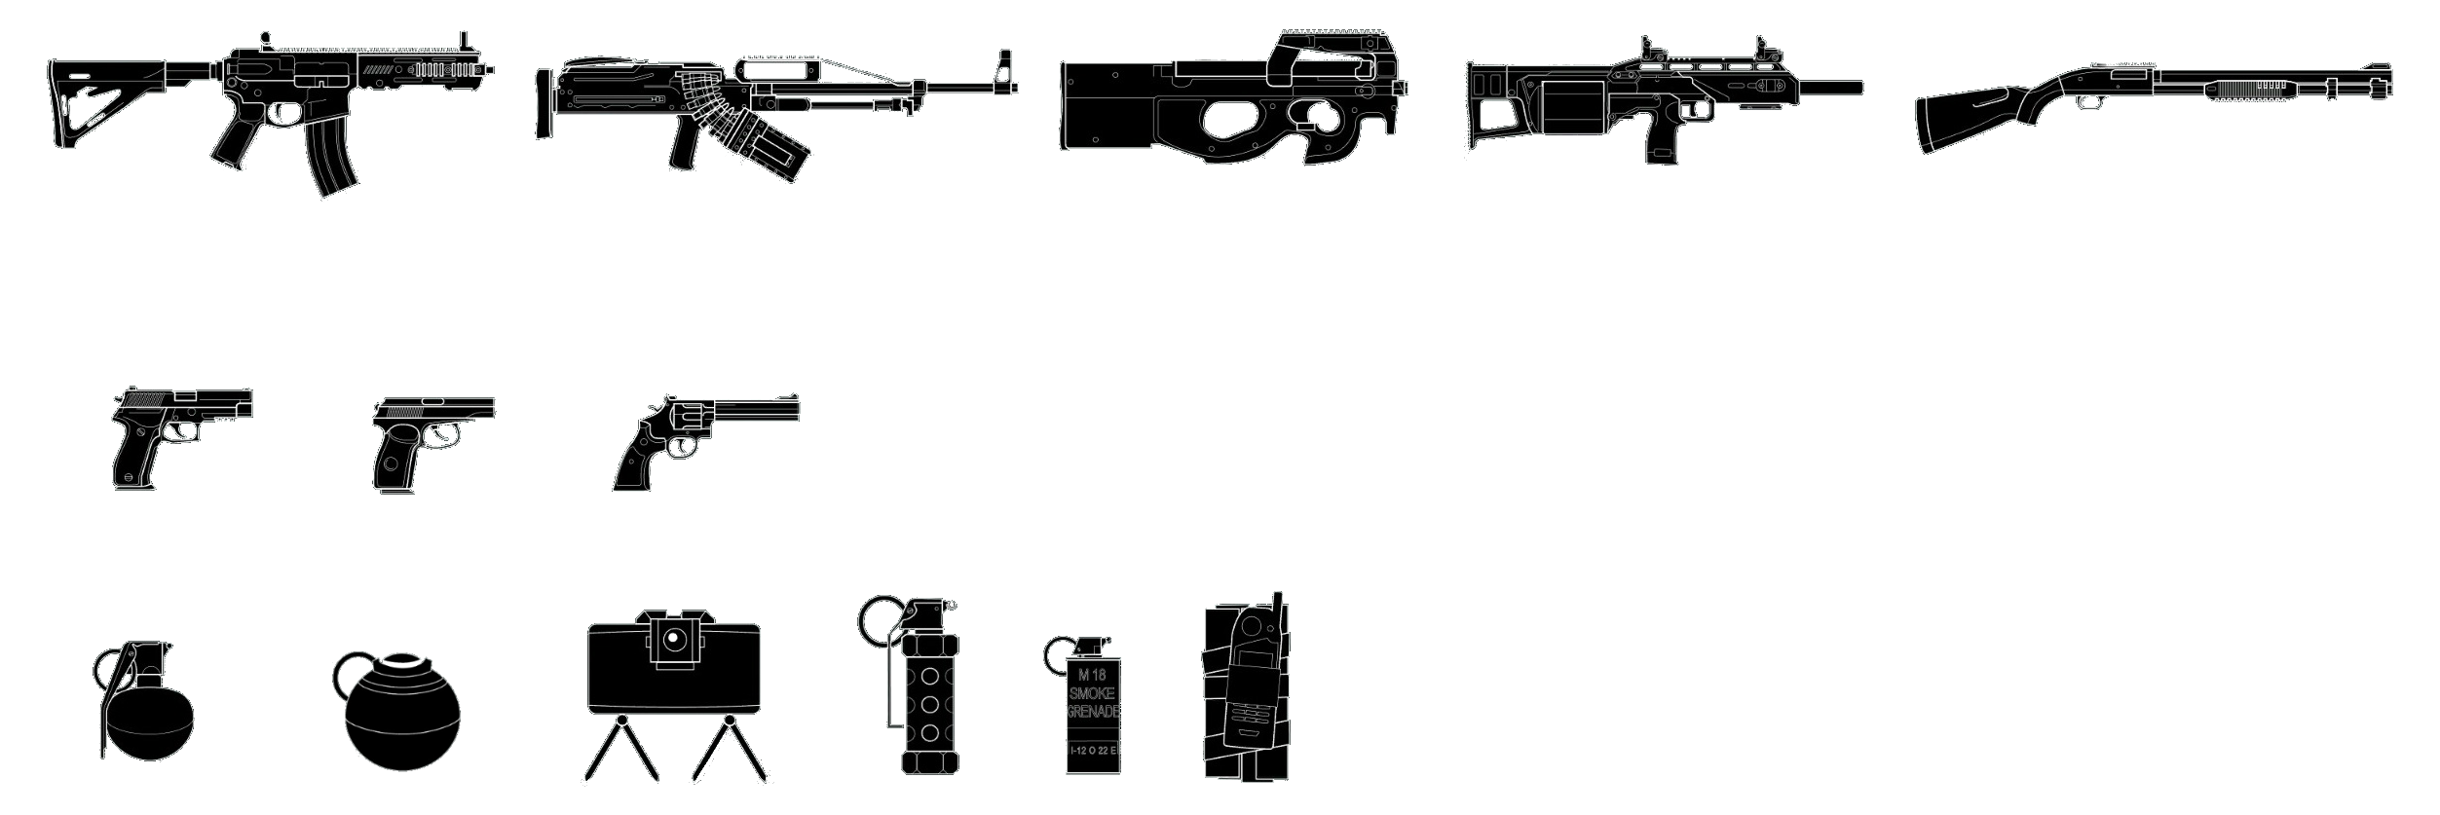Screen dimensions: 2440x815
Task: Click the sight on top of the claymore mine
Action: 673,639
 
